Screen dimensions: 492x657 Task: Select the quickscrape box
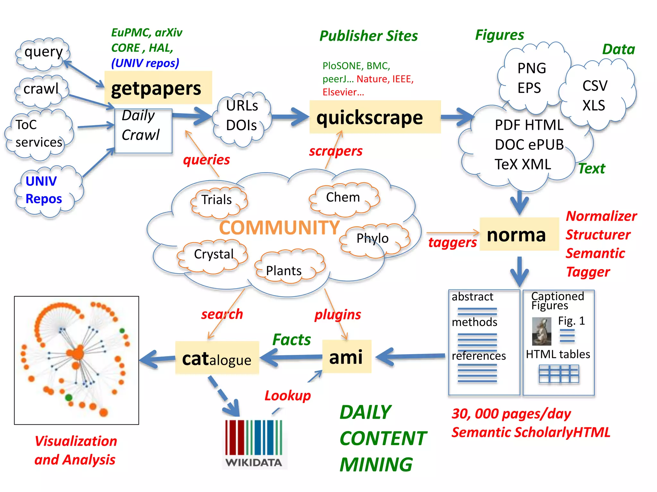click(x=375, y=117)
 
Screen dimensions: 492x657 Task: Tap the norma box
click(x=519, y=234)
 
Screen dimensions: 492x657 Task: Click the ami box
click(x=346, y=357)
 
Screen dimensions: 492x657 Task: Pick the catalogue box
click(x=217, y=358)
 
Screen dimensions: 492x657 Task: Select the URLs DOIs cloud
click(x=242, y=117)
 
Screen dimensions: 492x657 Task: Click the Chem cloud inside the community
click(x=343, y=198)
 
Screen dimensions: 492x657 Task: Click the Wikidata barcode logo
click(x=253, y=442)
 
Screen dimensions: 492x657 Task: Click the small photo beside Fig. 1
click(x=541, y=331)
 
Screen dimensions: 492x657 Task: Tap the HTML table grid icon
click(x=559, y=374)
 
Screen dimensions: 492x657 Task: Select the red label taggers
click(x=452, y=242)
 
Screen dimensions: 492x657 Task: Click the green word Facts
click(x=291, y=340)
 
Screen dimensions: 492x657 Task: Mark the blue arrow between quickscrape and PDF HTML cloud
click(x=457, y=117)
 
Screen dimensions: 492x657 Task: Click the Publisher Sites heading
click(x=368, y=36)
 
